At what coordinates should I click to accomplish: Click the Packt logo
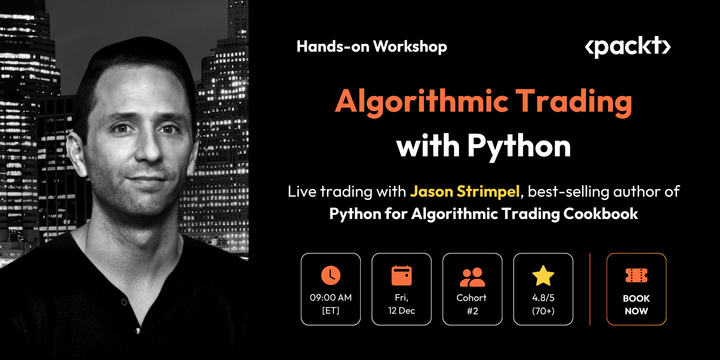pos(627,47)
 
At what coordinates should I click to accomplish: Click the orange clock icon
pos(330,275)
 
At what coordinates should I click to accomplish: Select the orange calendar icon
pos(401,276)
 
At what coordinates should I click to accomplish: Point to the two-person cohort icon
pos(472,277)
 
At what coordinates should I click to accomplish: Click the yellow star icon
pos(543,276)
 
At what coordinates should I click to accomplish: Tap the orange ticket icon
pos(636,276)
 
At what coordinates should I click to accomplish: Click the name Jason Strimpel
pos(465,192)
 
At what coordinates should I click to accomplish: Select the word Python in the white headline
pos(519,146)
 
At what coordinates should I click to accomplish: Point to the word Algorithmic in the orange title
pos(421,101)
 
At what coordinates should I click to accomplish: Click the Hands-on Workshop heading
pos(372,46)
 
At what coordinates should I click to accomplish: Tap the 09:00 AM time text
pos(330,298)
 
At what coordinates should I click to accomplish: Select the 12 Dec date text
pos(401,310)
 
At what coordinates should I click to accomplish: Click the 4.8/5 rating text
pos(543,298)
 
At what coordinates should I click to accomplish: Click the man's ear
pos(76,154)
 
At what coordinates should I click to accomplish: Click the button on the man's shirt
pos(138,330)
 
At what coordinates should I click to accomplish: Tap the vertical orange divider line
pos(590,289)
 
